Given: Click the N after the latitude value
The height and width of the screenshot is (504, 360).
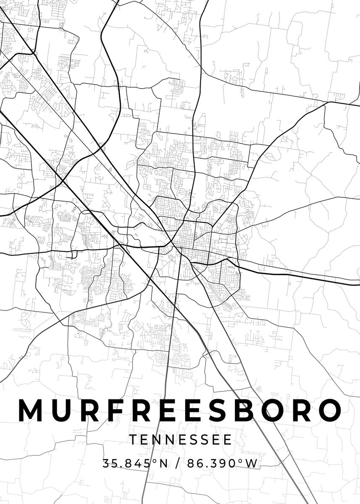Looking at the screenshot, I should pyautogui.click(x=163, y=464).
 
